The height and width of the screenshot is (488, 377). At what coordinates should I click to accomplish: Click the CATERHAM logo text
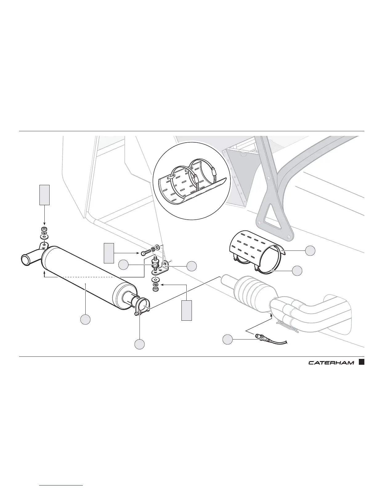click(x=331, y=362)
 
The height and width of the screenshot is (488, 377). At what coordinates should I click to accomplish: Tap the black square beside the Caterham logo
click(x=362, y=362)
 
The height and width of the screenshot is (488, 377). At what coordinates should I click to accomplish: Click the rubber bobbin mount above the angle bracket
click(x=154, y=265)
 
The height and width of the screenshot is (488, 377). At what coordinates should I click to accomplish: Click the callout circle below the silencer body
click(x=85, y=319)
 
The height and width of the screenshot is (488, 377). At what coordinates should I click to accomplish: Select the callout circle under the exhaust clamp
click(x=139, y=344)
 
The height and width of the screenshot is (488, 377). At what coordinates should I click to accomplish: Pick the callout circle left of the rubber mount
click(x=124, y=265)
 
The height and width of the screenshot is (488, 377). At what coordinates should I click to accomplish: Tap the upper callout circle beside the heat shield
click(x=310, y=251)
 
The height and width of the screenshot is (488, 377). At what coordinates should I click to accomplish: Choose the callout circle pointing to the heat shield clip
click(x=297, y=270)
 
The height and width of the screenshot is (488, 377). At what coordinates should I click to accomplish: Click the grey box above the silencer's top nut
click(x=44, y=195)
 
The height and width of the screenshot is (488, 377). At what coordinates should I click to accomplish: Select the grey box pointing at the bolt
click(x=109, y=253)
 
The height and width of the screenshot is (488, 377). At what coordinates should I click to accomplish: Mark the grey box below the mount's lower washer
click(x=186, y=310)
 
